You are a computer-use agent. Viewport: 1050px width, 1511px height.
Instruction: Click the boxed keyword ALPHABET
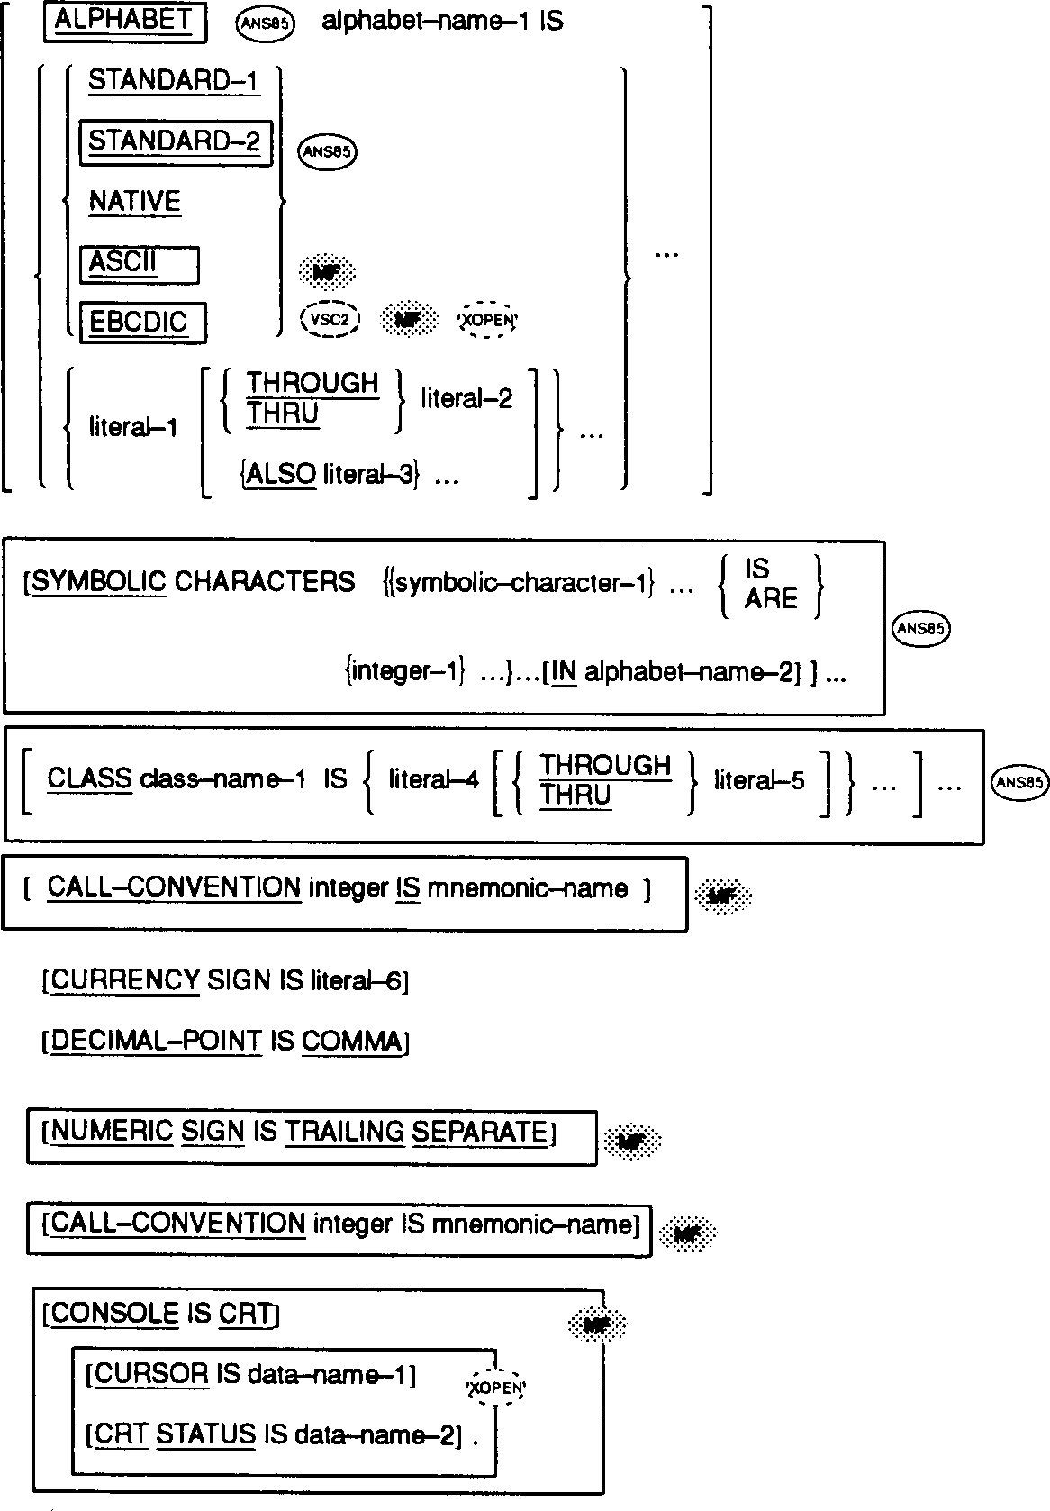pos(124,22)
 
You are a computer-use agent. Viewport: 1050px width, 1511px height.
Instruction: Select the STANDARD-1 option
pos(173,81)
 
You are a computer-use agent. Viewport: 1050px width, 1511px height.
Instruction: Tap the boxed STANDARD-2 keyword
pos(175,141)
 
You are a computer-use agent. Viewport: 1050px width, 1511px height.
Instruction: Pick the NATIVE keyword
pos(134,201)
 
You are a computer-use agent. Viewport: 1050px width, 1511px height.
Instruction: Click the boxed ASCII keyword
pos(123,262)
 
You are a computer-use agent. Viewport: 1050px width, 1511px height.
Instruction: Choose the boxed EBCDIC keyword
pos(139,322)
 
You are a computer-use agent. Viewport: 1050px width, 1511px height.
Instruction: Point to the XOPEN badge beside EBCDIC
pos(489,319)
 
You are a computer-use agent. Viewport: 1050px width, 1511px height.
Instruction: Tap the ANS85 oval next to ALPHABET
pos(265,24)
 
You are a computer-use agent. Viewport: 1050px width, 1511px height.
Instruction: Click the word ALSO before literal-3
pos(281,474)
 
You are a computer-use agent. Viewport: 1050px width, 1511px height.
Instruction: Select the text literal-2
pos(466,398)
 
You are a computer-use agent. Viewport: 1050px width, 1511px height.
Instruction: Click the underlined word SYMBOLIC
pos(99,582)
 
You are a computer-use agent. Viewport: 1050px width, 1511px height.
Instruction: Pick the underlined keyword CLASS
pos(89,778)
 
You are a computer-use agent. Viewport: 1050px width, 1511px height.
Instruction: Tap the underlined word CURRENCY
pos(125,980)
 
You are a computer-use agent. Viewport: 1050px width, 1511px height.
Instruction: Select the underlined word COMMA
pos(351,1042)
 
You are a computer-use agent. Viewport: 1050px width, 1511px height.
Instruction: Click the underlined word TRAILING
pos(344,1132)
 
